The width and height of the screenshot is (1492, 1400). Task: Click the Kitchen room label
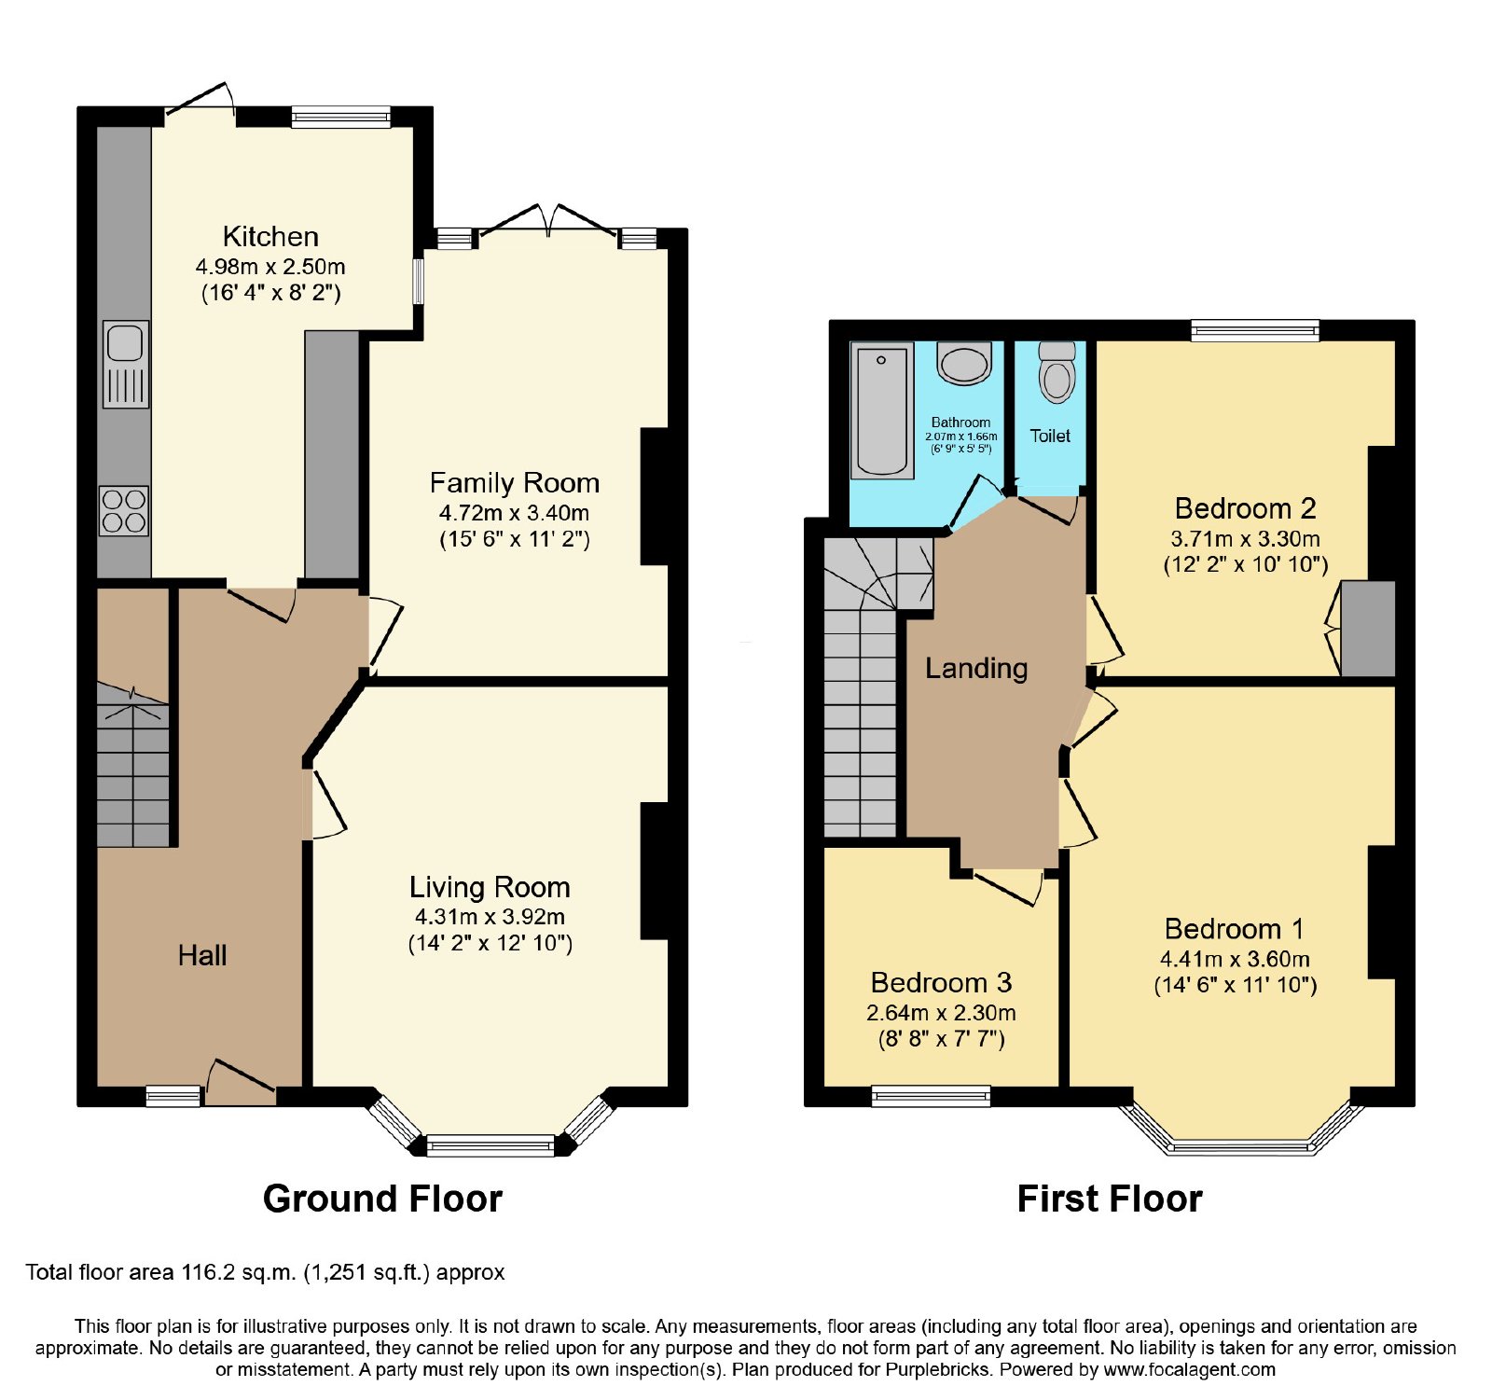270,236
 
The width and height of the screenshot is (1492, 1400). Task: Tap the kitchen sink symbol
125,365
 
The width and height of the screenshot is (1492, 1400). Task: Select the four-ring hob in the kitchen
124,511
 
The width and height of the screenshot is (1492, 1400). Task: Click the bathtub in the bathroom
882,411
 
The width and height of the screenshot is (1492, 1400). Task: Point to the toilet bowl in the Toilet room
1057,372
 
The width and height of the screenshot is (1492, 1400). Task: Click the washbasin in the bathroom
964,363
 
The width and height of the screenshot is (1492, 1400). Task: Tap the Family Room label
514,482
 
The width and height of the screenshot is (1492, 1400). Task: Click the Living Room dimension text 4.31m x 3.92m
490,917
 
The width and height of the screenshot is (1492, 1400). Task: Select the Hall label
202,955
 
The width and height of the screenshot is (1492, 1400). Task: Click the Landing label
976,668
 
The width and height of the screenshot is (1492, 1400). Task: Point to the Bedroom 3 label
941,982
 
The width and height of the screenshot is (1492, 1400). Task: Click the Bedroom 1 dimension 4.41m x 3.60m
1235,959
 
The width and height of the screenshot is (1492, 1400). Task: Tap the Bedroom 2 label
1245,508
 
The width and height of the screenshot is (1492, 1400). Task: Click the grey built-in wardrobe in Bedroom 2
1368,629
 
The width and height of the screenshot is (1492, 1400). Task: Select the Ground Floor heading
382,1199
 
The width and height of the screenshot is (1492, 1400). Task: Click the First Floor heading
1110,1199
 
